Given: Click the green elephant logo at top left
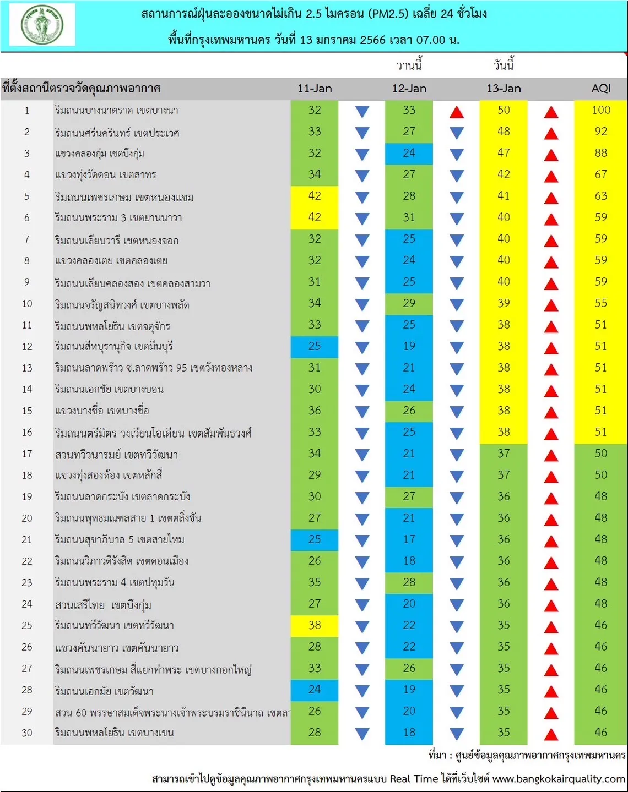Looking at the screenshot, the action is click(42, 25).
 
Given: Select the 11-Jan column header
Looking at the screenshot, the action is click(315, 89).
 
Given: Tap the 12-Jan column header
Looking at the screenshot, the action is click(409, 89).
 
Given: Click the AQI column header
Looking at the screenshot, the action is click(601, 89).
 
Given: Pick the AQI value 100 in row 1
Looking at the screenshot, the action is click(601, 110).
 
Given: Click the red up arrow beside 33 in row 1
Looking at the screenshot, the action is click(456, 112).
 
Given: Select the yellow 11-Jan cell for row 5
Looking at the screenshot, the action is click(314, 197).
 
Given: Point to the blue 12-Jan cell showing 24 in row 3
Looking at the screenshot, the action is click(409, 154).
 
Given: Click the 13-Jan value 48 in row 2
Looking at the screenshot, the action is click(504, 132).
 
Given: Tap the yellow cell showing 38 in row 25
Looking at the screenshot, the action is click(314, 626).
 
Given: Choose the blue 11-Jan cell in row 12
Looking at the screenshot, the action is click(314, 347).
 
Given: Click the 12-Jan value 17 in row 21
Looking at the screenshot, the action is click(409, 539).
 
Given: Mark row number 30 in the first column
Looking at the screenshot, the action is click(27, 733).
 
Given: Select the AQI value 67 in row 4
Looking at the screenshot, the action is click(601, 174).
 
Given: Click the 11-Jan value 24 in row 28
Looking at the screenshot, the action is click(314, 690).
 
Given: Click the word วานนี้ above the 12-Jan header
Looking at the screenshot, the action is click(409, 65).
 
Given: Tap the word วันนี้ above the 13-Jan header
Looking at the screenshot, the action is click(504, 65).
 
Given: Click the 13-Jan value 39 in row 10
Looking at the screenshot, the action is click(504, 303).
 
